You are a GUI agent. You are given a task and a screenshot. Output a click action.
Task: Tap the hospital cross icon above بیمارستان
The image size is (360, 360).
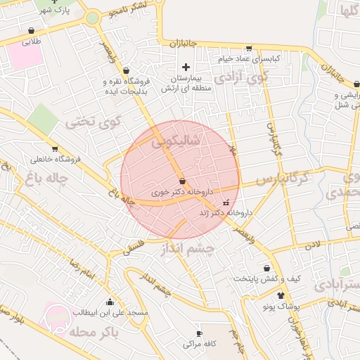click(185, 66)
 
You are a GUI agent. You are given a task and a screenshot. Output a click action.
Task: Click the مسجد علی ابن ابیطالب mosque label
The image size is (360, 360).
click(109, 311)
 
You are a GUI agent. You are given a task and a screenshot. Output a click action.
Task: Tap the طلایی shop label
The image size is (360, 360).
click(32, 42)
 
